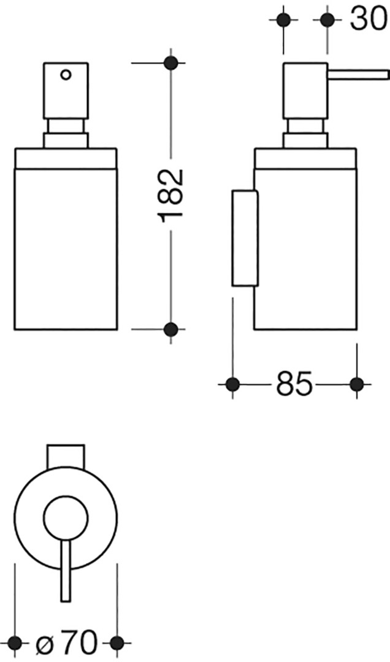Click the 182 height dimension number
pyautogui.click(x=170, y=192)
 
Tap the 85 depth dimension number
pyautogui.click(x=294, y=384)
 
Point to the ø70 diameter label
pyautogui.click(x=66, y=643)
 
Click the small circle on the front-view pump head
pyautogui.click(x=66, y=75)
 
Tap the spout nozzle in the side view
pyautogui.click(x=357, y=75)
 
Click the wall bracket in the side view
pyautogui.click(x=244, y=238)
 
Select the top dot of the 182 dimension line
pyautogui.click(x=170, y=63)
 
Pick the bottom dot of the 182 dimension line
pyautogui.click(x=170, y=329)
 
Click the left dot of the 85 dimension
pyautogui.click(x=233, y=384)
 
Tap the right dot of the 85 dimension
pyautogui.click(x=357, y=384)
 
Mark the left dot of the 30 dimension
pyautogui.click(x=283, y=20)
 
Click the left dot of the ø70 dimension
pyautogui.click(x=15, y=643)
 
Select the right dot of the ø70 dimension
pyautogui.click(x=117, y=643)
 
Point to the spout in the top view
pyautogui.click(x=66, y=570)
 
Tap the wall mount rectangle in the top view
pyautogui.click(x=66, y=457)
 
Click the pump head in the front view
pyautogui.click(x=66, y=91)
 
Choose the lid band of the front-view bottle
pyautogui.click(x=66, y=158)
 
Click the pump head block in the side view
pyautogui.click(x=305, y=91)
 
